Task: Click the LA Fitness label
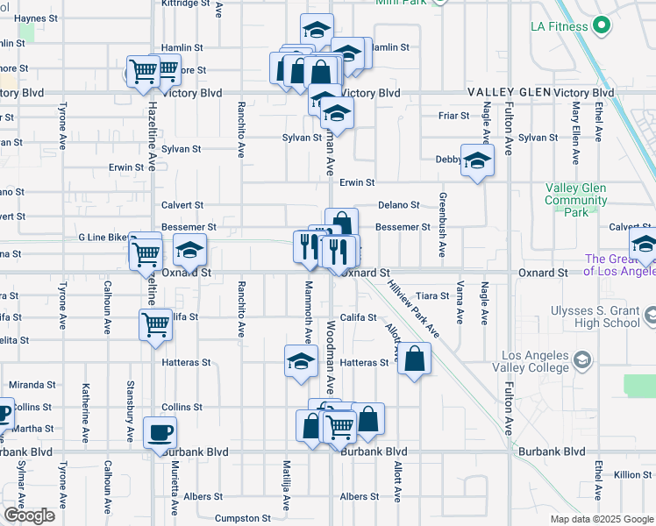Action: tap(558, 26)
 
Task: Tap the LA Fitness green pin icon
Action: tap(602, 26)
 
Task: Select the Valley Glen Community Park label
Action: tap(575, 200)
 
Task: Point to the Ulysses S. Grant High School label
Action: tap(595, 316)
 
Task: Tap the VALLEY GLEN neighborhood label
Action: tap(509, 92)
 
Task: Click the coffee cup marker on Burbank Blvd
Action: tap(160, 433)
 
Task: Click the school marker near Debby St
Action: tap(477, 160)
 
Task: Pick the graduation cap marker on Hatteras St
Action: tap(301, 361)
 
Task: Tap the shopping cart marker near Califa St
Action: tap(156, 324)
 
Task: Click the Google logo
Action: tap(29, 515)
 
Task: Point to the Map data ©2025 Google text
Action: tap(603, 519)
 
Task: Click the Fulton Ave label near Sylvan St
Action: tap(509, 132)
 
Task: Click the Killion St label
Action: tap(632, 474)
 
